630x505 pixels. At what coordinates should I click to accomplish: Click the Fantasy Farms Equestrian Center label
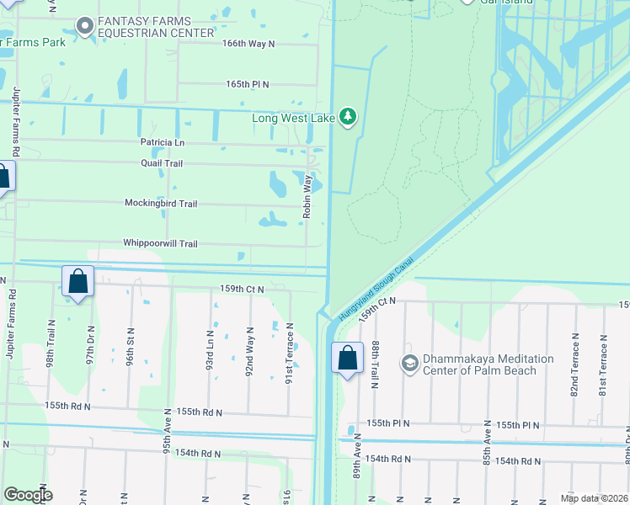pyautogui.click(x=156, y=27)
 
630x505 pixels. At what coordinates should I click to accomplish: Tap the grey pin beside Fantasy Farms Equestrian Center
pyautogui.click(x=83, y=27)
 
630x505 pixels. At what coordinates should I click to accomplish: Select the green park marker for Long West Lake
pyautogui.click(x=349, y=118)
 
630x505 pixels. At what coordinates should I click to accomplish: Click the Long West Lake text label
pyautogui.click(x=293, y=118)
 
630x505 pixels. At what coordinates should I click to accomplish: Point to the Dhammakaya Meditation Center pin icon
pyautogui.click(x=410, y=364)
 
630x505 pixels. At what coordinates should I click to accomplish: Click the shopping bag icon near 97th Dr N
pyautogui.click(x=77, y=281)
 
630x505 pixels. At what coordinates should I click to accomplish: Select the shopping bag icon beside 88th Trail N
pyautogui.click(x=347, y=359)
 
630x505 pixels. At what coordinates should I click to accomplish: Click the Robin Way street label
pyautogui.click(x=308, y=198)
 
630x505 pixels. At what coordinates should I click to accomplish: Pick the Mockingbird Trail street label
pyautogui.click(x=161, y=204)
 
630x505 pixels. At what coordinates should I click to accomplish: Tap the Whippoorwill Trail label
pyautogui.click(x=160, y=243)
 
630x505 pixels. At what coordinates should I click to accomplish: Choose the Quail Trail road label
pyautogui.click(x=160, y=163)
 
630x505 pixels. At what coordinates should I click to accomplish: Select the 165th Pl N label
pyautogui.click(x=247, y=84)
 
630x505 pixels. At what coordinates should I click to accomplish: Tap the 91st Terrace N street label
pyautogui.click(x=289, y=353)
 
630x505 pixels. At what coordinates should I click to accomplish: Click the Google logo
pyautogui.click(x=28, y=495)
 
